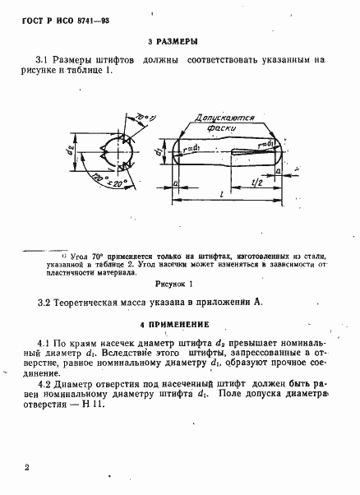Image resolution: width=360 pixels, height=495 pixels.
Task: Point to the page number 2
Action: pos(27,467)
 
